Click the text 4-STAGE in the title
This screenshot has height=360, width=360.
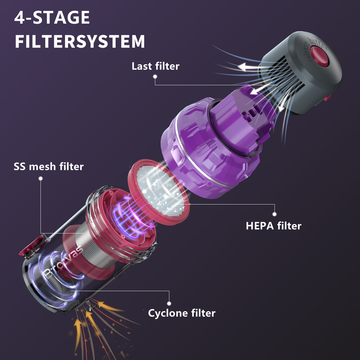point(52,17)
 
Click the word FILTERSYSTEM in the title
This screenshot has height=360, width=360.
point(80,42)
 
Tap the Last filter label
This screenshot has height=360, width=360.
point(155,66)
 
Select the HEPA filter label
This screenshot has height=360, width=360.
point(273,226)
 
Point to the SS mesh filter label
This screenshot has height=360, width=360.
point(49,166)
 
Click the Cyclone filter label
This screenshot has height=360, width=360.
point(182,313)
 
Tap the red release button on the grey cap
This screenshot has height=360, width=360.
point(320,56)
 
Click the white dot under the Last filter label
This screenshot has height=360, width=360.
point(155,76)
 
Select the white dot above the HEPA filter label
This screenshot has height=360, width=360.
point(274,214)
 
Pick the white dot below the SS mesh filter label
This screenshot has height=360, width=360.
point(40,179)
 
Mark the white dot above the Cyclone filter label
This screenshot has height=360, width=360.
point(169,303)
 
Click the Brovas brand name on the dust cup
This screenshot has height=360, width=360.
point(63,263)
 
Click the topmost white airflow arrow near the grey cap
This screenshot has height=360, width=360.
point(247,67)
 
